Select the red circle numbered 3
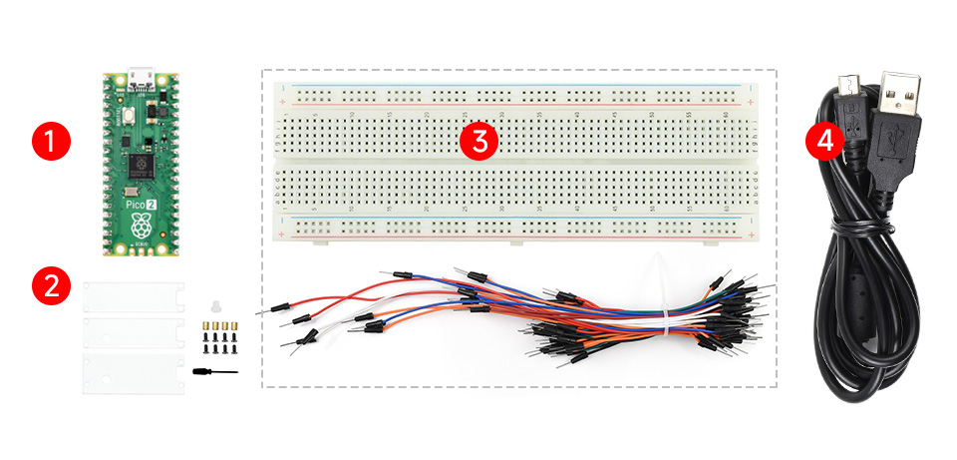coord(479,141)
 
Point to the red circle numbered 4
coord(824,141)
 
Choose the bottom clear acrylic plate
coord(133,369)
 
